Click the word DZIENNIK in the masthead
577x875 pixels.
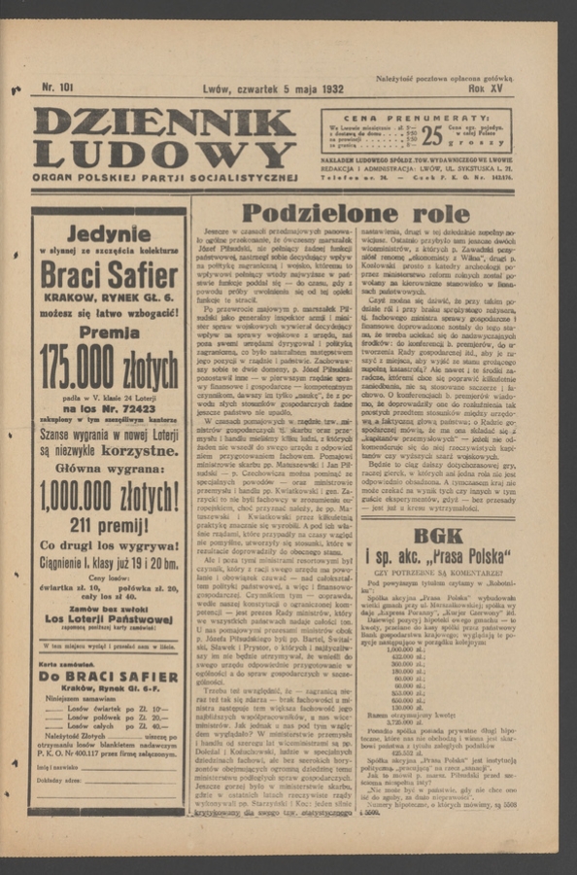[163, 122]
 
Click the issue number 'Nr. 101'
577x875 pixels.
[57, 87]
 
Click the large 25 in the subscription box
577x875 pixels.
[432, 133]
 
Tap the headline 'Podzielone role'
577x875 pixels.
[355, 213]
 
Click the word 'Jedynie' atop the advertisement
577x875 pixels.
[108, 233]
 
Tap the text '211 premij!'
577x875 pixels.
[108, 526]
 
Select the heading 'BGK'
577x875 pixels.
[438, 536]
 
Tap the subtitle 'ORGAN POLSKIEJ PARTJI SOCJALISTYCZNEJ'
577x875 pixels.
[163, 178]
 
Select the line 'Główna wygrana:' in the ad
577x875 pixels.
[108, 469]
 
